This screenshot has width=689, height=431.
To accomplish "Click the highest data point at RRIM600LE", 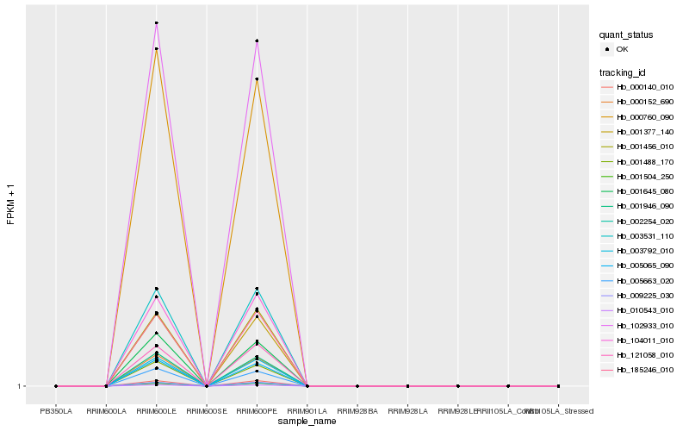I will click(157, 22).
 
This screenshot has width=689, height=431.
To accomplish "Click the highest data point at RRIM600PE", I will click(257, 41).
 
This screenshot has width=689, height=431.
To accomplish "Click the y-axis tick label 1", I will click(19, 386).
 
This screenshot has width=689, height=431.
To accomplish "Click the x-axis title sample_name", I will click(307, 421).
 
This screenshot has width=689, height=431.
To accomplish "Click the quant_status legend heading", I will click(626, 34).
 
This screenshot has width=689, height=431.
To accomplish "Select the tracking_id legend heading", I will click(623, 72).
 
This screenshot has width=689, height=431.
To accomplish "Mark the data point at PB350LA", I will click(56, 386).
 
